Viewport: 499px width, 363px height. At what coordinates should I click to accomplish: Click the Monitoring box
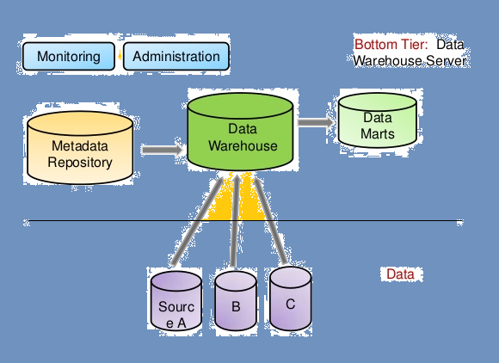pos(69,57)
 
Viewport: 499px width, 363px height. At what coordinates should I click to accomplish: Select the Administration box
pos(176,57)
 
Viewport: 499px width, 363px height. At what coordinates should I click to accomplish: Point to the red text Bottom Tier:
pos(391,44)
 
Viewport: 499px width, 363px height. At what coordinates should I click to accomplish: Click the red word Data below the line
pos(399,274)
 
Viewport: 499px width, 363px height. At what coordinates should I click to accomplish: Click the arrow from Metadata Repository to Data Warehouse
pos(162,150)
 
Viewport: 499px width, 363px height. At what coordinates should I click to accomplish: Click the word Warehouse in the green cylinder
pos(243,146)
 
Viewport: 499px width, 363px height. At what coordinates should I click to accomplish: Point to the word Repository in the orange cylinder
pos(79,162)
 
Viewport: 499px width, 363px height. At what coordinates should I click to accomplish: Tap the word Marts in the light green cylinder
pos(378,134)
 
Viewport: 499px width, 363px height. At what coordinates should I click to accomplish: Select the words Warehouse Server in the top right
pos(410,61)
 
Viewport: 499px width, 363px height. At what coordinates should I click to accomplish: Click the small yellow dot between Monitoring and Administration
pos(120,58)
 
